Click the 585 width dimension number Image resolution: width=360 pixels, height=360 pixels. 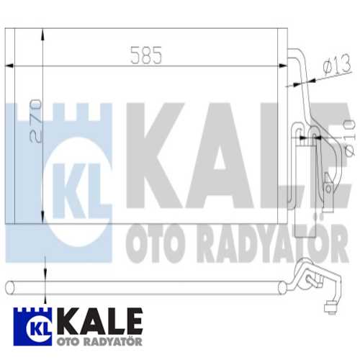(147, 54)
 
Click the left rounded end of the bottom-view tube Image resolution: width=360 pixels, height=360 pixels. (9, 287)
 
